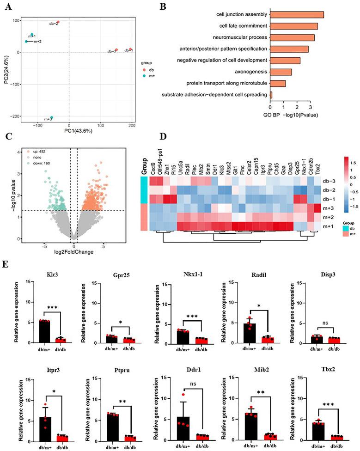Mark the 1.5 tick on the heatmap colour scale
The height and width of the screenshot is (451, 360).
pos(352,163)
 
